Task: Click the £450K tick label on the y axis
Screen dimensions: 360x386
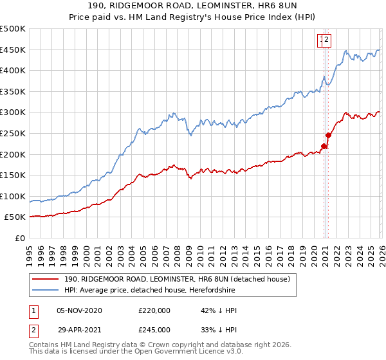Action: click(x=13, y=50)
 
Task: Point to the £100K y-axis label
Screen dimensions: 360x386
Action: click(x=13, y=196)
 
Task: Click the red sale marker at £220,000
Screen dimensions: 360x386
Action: click(x=324, y=146)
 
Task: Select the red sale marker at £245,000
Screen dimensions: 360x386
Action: click(x=329, y=135)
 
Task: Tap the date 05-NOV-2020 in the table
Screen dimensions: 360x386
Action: click(x=79, y=310)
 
